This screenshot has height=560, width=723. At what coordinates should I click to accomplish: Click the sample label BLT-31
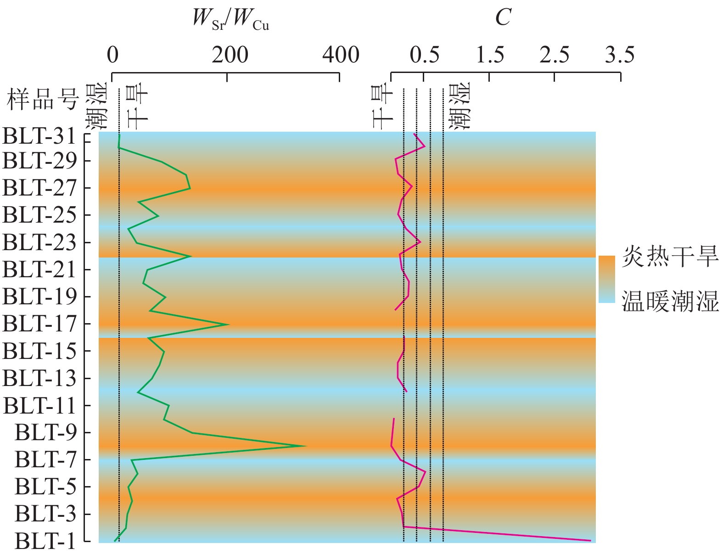coord(39,136)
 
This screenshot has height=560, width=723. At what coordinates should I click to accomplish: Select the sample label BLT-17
coord(39,324)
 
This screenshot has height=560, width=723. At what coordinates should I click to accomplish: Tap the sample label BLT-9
coord(45,432)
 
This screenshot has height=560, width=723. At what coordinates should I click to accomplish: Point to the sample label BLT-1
coord(45,541)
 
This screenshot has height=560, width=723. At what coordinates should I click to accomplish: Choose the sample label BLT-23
coord(39,242)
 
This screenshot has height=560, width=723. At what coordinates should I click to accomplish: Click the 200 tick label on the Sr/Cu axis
coord(230,55)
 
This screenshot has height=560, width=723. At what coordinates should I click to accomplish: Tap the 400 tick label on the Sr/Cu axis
coord(340,55)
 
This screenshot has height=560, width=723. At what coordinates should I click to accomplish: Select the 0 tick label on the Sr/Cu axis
coord(113,55)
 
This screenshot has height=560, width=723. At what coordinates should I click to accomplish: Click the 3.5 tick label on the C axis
coord(620,55)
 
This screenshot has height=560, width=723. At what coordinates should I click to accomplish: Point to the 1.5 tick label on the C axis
coord(490,55)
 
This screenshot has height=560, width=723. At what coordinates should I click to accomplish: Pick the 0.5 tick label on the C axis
coord(425,55)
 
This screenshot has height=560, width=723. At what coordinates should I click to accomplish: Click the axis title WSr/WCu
coord(230,19)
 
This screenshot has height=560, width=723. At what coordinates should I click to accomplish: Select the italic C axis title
coord(503,18)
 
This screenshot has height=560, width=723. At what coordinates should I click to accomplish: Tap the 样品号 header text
coord(43,99)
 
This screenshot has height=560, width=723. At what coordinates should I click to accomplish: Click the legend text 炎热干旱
coord(670,257)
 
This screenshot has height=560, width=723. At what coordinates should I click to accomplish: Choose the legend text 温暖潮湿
coord(670,302)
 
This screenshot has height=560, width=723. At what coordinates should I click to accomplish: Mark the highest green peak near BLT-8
coord(305,446)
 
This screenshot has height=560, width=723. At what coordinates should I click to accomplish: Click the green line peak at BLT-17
coord(229,325)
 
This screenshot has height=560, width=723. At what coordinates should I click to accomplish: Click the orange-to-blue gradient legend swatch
coord(606,279)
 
